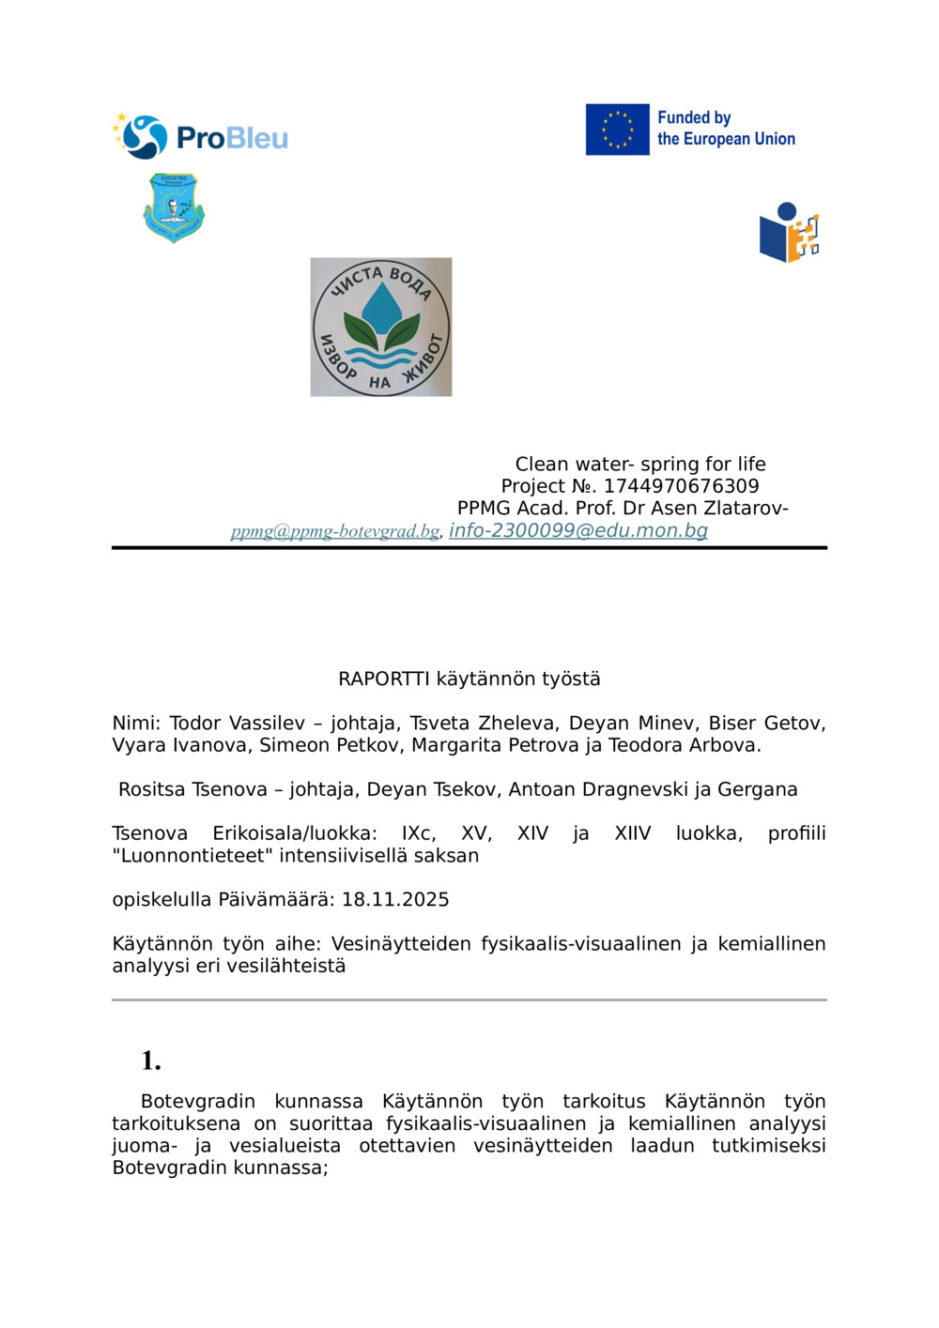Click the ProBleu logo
tap(200, 137)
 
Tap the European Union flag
tap(617, 130)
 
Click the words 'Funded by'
tap(694, 118)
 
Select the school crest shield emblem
tap(174, 207)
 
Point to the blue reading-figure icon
tap(789, 233)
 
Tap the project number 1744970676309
tap(681, 486)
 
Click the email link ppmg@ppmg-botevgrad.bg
tap(335, 531)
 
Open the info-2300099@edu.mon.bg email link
tap(578, 530)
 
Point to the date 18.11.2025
tap(395, 899)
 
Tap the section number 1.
tap(150, 1061)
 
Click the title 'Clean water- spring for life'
tap(640, 464)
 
